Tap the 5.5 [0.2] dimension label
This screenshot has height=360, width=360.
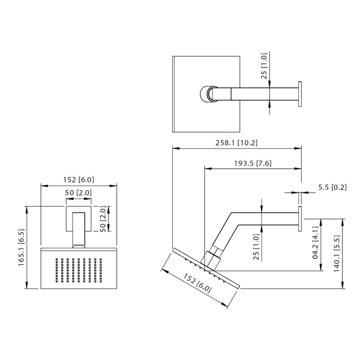332,187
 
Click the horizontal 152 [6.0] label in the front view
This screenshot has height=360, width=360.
79,180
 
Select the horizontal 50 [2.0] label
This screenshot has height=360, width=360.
79,193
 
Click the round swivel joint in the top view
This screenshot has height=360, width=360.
207,94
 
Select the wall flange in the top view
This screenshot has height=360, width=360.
299,94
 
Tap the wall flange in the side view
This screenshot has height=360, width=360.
299,219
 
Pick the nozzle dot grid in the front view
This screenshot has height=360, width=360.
79,271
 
